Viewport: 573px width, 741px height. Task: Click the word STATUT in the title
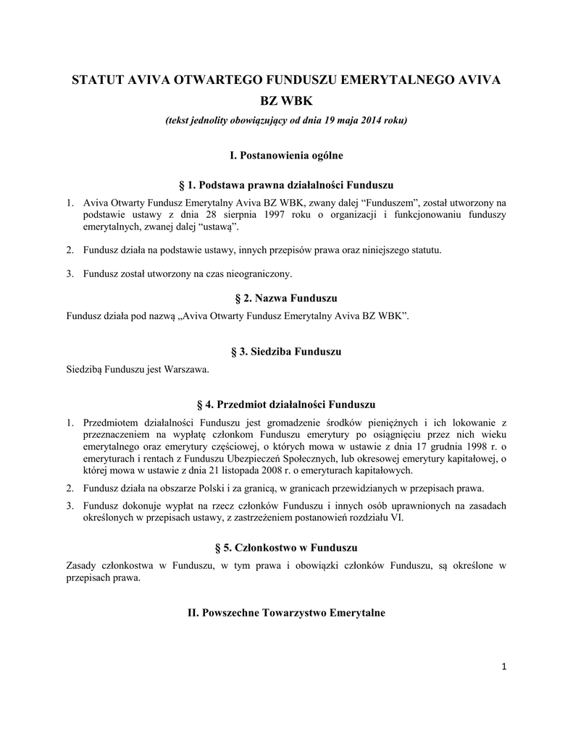(97, 79)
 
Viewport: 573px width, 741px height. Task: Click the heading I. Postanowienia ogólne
(285, 155)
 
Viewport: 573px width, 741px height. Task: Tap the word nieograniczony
(254, 274)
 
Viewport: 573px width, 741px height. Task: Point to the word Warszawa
(187, 369)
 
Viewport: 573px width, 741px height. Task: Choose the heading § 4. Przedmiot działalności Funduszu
(285, 403)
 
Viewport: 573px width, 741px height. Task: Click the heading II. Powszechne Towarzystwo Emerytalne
(285, 613)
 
